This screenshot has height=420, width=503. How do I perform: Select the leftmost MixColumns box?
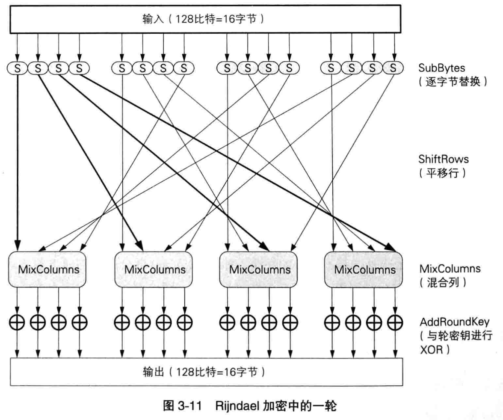point(48,269)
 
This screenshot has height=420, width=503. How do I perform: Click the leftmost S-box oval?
point(18,67)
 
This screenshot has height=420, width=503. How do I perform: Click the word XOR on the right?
point(429,349)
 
